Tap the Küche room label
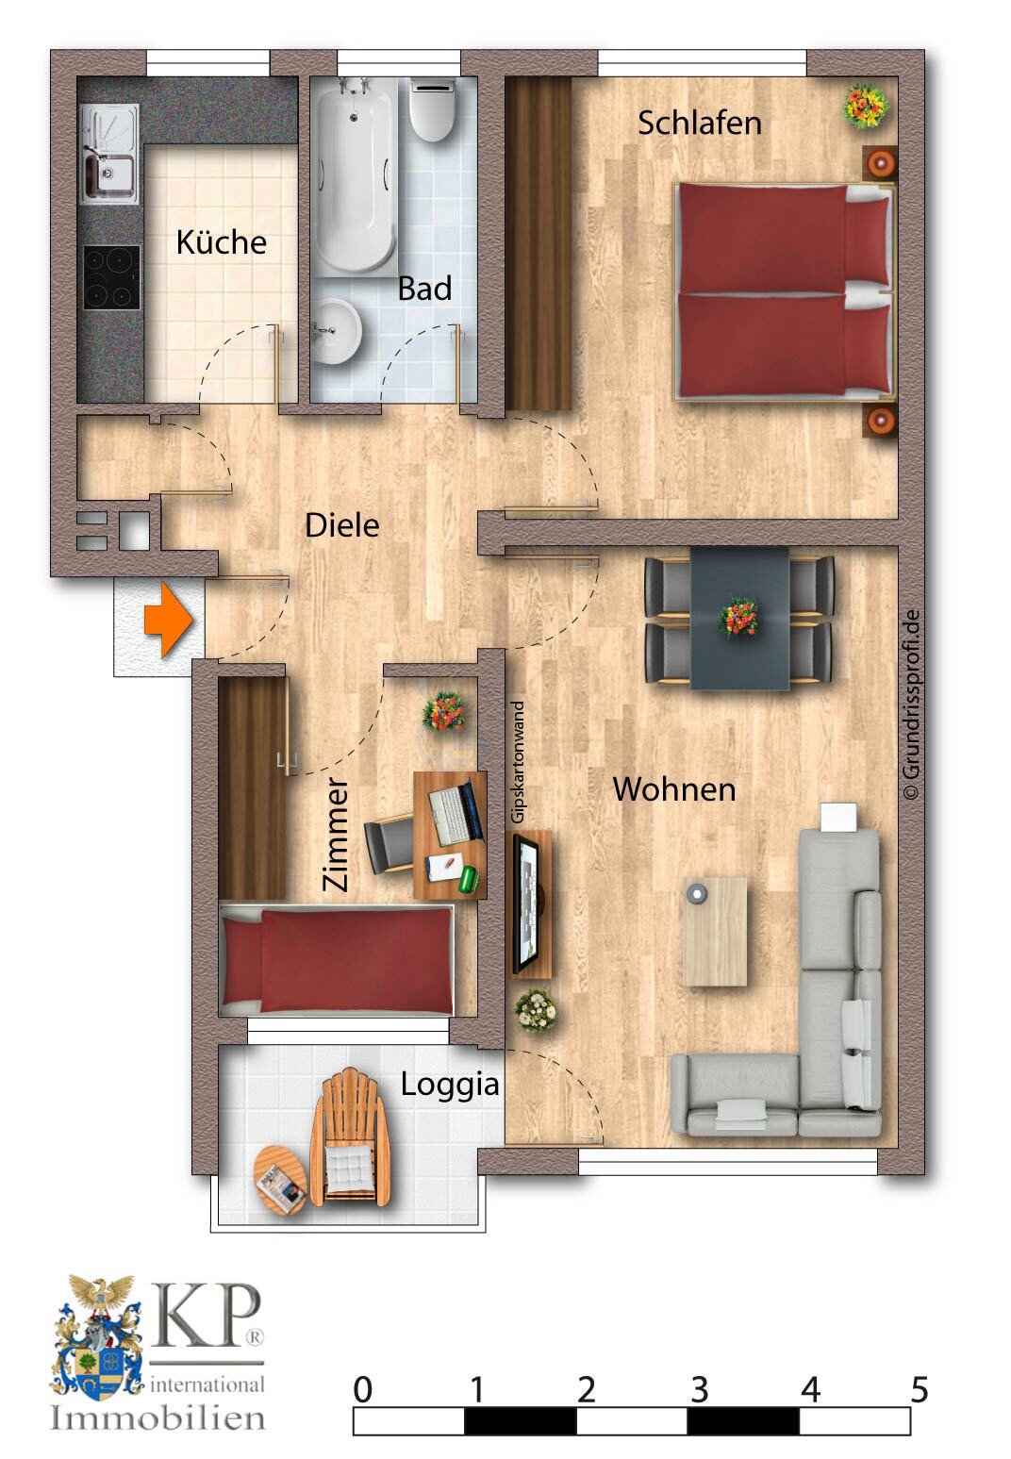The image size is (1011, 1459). [221, 242]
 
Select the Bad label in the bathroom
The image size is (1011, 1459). [424, 289]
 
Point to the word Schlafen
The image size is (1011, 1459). [699, 123]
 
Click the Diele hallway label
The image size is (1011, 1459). [341, 525]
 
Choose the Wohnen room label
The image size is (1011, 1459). [674, 789]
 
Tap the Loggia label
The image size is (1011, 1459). [449, 1085]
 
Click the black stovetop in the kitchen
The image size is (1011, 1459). [112, 277]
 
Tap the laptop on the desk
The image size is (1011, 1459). [454, 813]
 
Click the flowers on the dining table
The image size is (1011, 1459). [738, 618]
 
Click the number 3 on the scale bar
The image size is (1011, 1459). [699, 1389]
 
